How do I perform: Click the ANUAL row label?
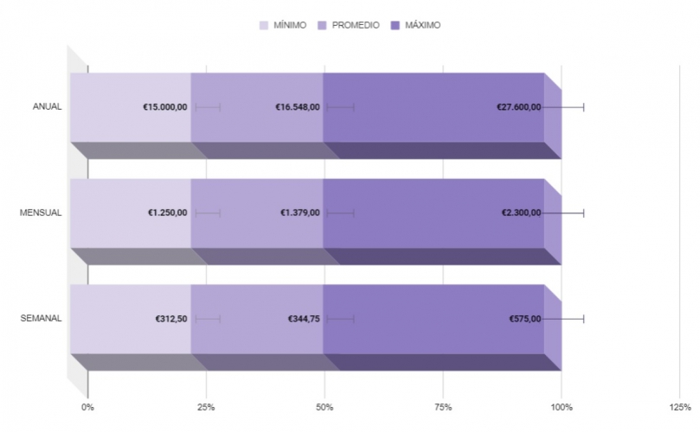pos(47,107)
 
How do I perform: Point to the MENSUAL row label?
pos(42,213)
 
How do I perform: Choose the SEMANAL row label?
pos(41,319)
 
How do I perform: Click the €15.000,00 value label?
pos(165,107)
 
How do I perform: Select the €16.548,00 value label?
pos(298,107)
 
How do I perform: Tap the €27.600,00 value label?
pos(518,107)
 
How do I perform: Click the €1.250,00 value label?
pos(168,213)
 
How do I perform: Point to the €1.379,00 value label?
pos(300,213)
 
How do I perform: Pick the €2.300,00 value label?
pos(521,213)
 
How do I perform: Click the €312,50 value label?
pos(171,319)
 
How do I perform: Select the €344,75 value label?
pos(304,319)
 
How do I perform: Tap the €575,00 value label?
pos(525,319)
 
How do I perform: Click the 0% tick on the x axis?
pos(87,406)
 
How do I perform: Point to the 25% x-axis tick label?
pos(206,406)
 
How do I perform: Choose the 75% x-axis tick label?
pos(442,406)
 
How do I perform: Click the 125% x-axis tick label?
pos(679,406)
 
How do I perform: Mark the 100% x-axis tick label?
pos(561,406)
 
